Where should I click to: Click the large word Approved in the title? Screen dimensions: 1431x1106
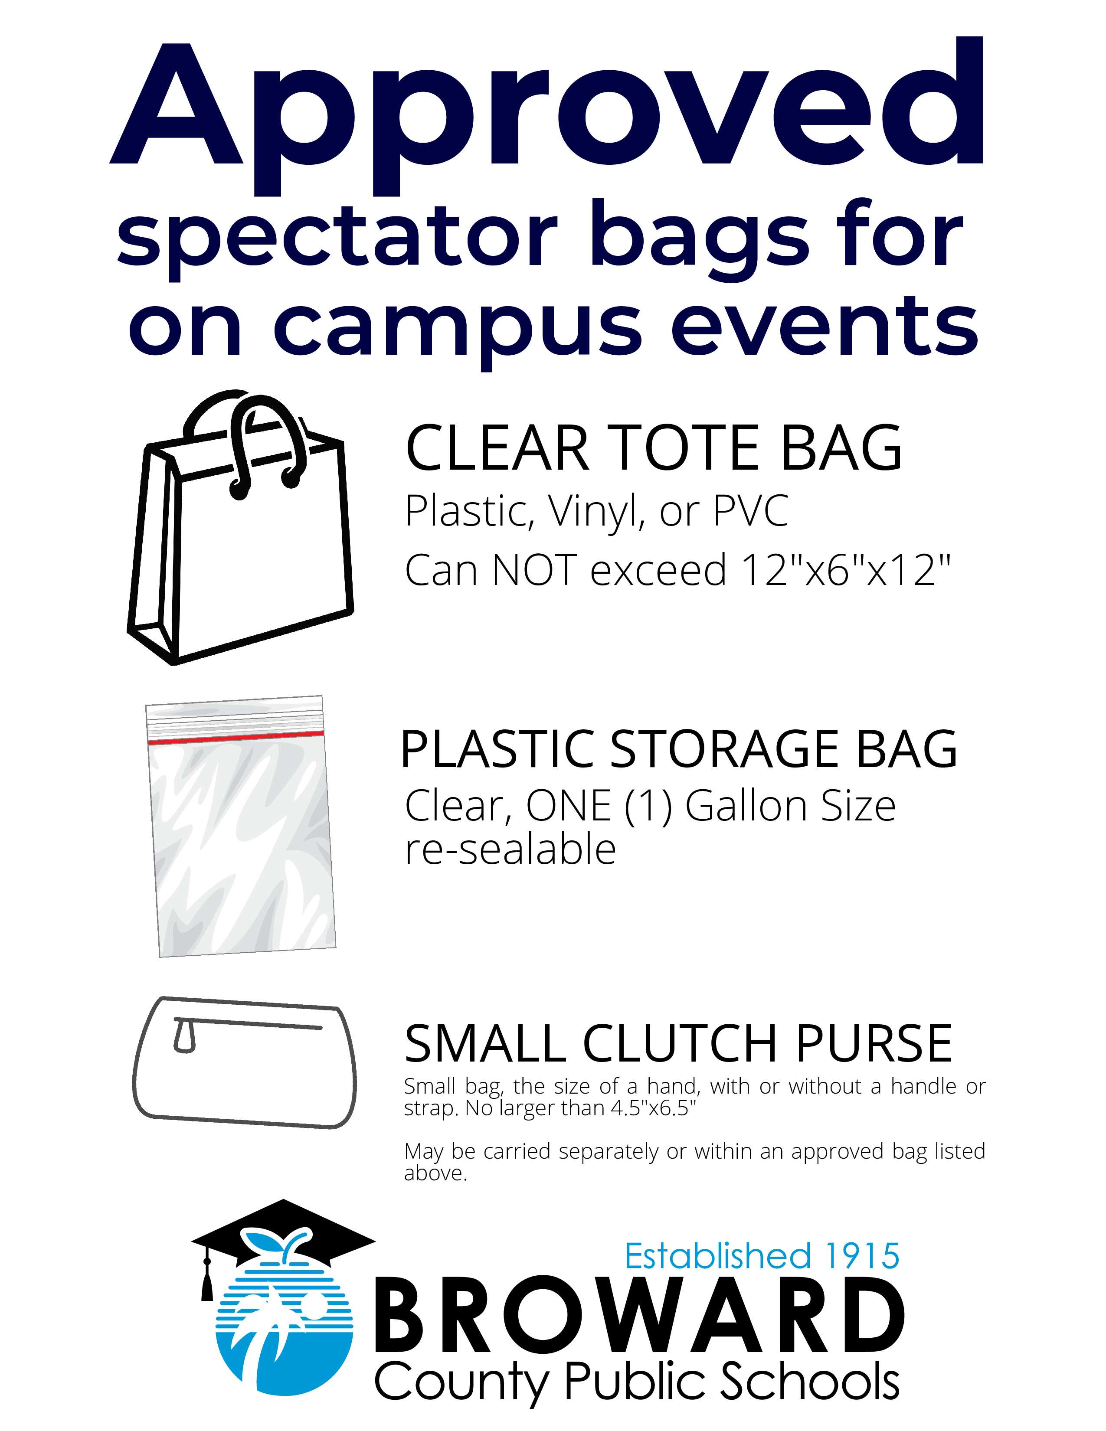click(x=547, y=108)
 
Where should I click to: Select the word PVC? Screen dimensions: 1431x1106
click(x=750, y=511)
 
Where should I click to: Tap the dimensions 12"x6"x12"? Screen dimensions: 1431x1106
click(x=845, y=570)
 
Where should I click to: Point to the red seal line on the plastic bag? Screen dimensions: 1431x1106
click(x=236, y=738)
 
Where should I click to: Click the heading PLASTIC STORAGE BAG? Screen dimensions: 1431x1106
click(x=678, y=749)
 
